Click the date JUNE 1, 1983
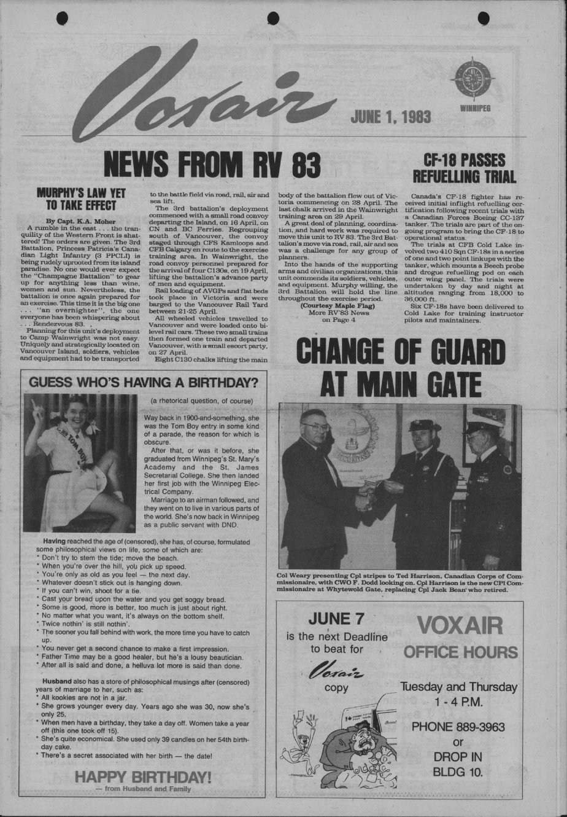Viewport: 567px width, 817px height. tap(391, 117)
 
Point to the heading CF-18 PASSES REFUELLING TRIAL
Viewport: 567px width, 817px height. tap(464, 168)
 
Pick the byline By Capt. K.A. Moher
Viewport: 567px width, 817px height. tap(80, 220)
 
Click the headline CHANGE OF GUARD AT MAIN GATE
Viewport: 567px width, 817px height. tap(400, 368)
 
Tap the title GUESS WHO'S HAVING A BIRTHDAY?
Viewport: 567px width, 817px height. tap(144, 382)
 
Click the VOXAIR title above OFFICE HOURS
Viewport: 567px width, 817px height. tap(460, 626)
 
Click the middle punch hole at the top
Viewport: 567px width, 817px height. tap(273, 18)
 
